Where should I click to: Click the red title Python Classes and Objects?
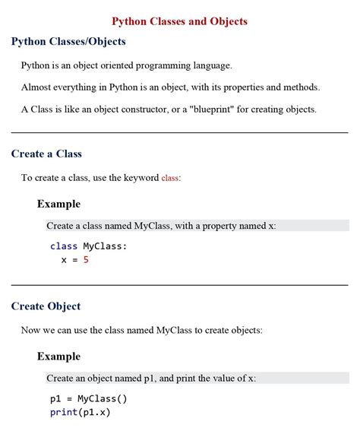[x=179, y=21]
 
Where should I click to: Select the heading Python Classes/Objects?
[x=68, y=42]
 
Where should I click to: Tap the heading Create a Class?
[x=46, y=154]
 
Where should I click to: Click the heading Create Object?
[x=46, y=306]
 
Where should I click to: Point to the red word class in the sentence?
[x=170, y=178]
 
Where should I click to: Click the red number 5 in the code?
[x=87, y=259]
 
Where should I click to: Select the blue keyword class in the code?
[x=64, y=246]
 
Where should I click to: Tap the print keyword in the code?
[x=63, y=412]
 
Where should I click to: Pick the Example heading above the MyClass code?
[x=58, y=204]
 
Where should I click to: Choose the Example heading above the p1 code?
[x=58, y=357]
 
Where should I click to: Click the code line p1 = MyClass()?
[x=89, y=398]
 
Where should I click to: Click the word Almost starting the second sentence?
[x=38, y=87]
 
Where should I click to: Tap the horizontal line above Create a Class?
[x=179, y=132]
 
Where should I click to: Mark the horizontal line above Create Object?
[x=179, y=285]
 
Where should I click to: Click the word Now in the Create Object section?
[x=31, y=331]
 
